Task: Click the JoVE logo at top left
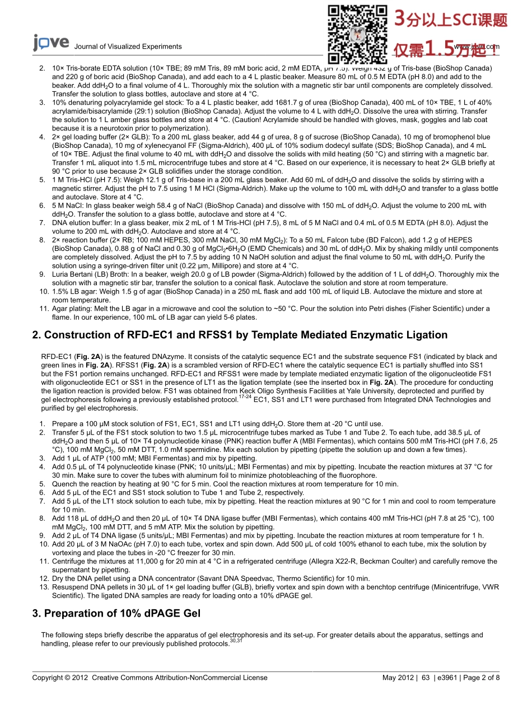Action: tap(51, 43)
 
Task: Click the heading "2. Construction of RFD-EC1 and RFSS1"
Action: tap(240, 335)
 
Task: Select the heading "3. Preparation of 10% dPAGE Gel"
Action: tap(116, 613)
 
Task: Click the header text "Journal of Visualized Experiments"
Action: tap(128, 46)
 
